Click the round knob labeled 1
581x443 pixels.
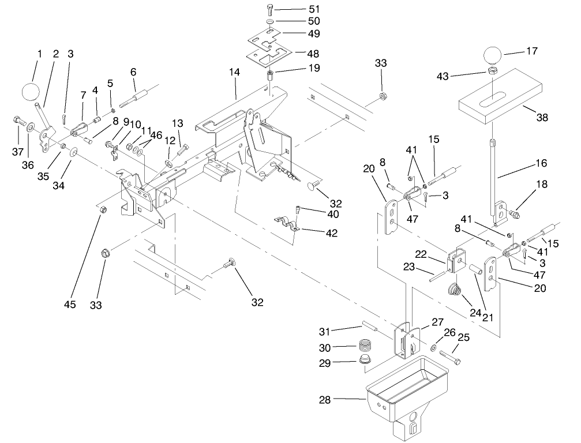pyautogui.click(x=31, y=91)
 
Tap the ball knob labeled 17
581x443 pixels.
pyautogui.click(x=492, y=56)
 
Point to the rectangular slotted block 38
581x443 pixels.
pyautogui.click(x=501, y=104)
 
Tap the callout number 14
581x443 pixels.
pyautogui.click(x=234, y=73)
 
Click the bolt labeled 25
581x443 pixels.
pyautogui.click(x=451, y=358)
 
